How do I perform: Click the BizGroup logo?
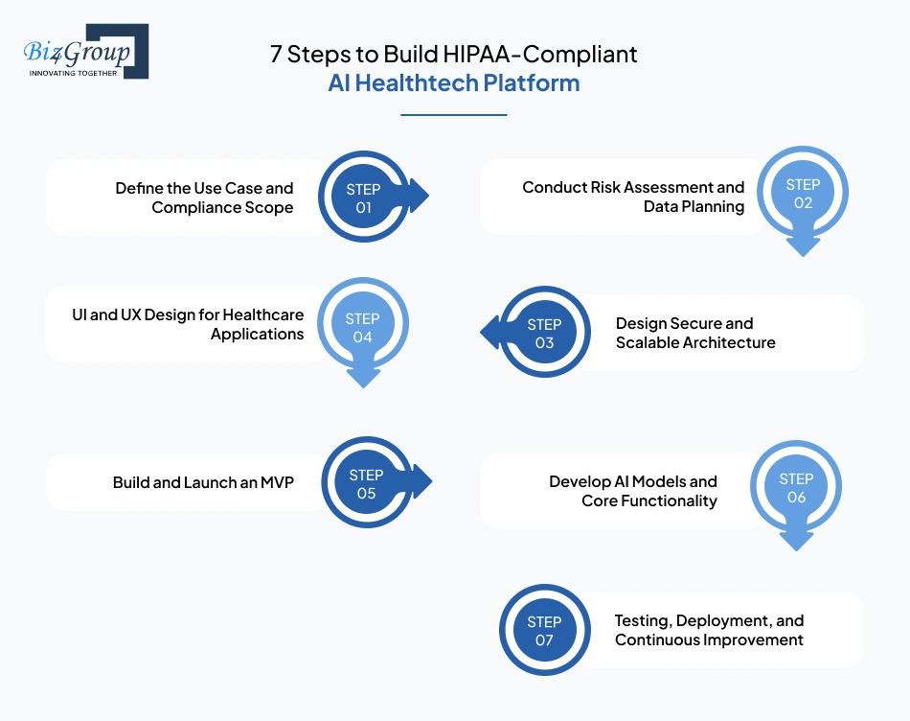85,52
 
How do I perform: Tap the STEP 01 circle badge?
363,198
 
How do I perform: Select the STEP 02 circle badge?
803,194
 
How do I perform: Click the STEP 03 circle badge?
544,334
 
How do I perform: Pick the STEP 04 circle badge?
362,327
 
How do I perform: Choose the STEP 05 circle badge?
366,484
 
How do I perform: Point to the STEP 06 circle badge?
796,487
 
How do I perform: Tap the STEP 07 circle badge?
544,631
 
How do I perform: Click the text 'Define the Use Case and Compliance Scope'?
204,198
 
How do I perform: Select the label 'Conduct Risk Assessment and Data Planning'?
633,197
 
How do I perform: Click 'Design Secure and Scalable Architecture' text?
695,333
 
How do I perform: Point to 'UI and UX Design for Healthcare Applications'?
188,324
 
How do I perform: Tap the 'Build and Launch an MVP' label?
203,482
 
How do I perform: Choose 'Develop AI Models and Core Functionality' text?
633,491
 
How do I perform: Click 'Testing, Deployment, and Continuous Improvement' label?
709,630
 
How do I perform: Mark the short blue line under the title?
453,115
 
